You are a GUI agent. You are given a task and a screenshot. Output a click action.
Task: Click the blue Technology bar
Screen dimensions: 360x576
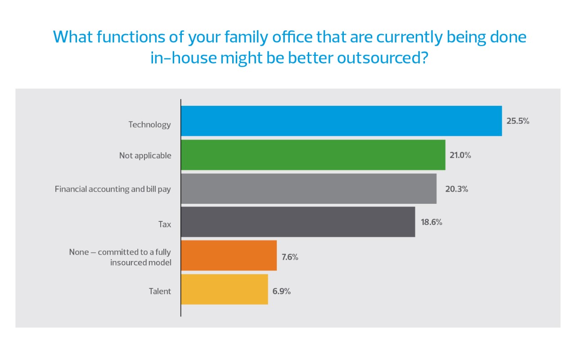coord(341,121)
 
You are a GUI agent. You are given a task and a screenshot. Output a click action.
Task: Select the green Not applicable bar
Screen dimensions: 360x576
coord(313,155)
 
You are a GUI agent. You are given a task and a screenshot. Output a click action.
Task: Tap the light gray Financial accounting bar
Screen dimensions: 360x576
coord(308,189)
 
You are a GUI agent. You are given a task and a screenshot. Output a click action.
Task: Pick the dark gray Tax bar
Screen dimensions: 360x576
coord(297,222)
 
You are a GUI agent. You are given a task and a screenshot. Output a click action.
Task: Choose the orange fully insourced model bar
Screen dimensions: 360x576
coord(229,256)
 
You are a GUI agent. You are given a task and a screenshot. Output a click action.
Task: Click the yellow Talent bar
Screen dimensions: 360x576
coord(224,289)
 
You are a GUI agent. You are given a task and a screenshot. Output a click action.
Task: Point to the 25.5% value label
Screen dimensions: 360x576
coord(517,121)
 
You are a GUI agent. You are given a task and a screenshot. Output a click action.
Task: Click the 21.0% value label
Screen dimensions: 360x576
coord(460,155)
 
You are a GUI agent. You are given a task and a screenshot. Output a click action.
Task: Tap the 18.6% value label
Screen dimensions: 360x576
coord(431,222)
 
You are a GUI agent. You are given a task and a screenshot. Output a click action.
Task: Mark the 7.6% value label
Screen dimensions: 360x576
coord(290,257)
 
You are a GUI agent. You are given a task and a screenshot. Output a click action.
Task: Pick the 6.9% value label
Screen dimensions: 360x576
coord(282,291)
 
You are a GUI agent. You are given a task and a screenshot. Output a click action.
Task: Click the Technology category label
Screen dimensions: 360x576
coord(149,125)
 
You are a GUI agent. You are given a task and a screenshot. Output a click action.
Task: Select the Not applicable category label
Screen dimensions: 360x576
coord(145,156)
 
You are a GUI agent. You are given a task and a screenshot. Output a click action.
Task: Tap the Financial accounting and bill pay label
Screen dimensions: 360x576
coord(112,189)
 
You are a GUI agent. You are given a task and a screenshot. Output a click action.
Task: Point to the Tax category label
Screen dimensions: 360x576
coord(164,224)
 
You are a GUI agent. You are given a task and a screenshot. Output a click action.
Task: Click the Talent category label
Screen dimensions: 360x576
coord(160,291)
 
